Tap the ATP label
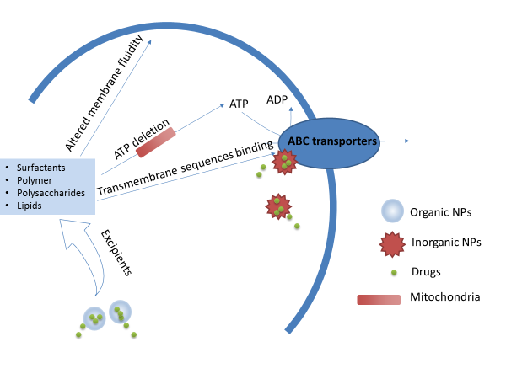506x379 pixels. [240, 104]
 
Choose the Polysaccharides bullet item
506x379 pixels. [46, 192]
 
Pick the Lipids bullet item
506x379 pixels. [29, 205]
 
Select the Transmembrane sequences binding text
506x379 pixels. [186, 168]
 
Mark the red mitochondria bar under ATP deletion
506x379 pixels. [155, 143]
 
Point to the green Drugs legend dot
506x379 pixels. [394, 271]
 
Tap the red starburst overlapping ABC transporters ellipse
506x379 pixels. [285, 162]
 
